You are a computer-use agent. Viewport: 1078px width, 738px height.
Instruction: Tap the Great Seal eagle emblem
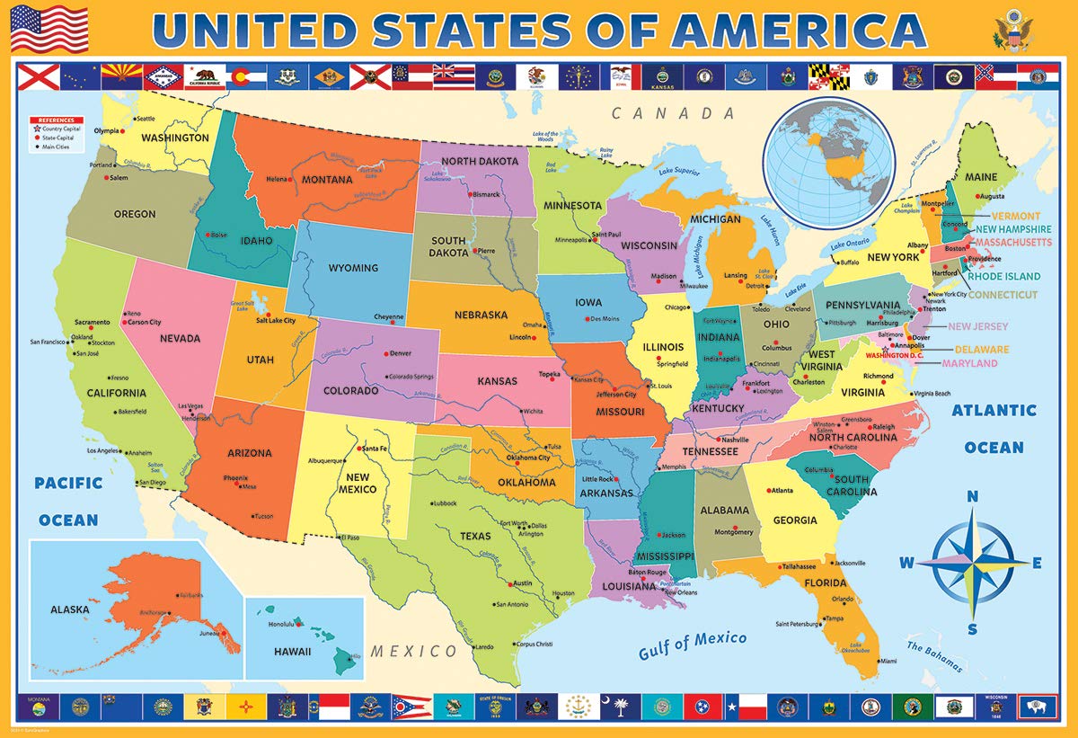click(1012, 30)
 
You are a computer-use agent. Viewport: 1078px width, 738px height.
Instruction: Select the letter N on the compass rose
click(972, 497)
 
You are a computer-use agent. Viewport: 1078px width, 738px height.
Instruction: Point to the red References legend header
click(57, 120)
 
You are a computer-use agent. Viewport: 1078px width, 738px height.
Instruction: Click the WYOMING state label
click(354, 268)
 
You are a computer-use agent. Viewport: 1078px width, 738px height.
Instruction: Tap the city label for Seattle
click(145, 119)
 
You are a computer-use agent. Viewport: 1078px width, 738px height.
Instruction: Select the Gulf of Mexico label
click(692, 645)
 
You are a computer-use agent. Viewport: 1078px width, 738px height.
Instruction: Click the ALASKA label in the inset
click(70, 609)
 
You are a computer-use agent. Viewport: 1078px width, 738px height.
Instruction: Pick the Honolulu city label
click(282, 625)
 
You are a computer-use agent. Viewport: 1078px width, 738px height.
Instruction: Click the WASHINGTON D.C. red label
click(898, 356)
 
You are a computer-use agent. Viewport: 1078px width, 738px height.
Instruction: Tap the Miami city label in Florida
click(888, 661)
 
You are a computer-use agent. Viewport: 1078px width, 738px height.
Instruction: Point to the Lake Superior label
click(678, 171)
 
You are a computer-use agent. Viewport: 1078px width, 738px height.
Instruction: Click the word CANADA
click(674, 113)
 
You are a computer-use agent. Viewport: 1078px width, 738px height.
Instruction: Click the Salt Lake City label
click(276, 320)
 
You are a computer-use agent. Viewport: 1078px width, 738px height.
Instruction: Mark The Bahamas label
click(933, 655)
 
